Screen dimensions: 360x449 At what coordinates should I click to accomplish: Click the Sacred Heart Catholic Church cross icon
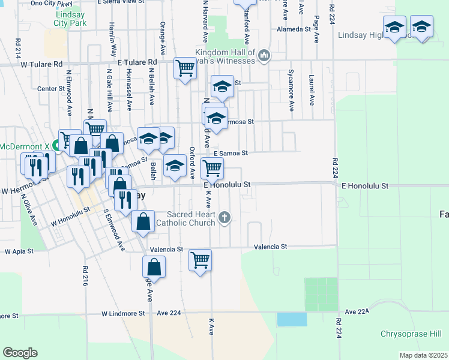(224, 217)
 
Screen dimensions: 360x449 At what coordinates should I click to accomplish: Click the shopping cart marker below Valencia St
(200, 260)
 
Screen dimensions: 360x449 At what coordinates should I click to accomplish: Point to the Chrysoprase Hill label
(411, 334)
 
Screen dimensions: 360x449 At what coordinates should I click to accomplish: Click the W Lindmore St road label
(123, 313)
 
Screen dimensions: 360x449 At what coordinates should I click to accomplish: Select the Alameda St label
(292, 29)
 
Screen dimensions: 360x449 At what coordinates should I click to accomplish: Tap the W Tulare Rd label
(41, 64)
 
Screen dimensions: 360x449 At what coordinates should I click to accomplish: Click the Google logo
(20, 352)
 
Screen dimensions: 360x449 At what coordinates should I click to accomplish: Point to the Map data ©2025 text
(423, 355)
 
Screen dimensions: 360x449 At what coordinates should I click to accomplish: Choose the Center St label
(50, 88)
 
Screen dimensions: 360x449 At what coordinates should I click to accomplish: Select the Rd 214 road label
(18, 48)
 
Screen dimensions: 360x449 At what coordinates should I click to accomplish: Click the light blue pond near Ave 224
(292, 319)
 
